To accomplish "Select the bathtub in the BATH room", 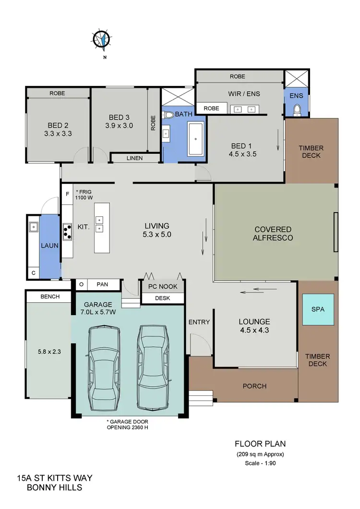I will pyautogui.click(x=196, y=139).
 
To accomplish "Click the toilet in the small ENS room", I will pyautogui.click(x=297, y=110).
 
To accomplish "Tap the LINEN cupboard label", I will pyautogui.click(x=135, y=158).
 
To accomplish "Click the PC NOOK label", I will pyautogui.click(x=163, y=286).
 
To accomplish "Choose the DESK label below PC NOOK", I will pyautogui.click(x=162, y=298).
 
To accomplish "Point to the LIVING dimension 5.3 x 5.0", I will pyautogui.click(x=157, y=235).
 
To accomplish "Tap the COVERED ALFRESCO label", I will pyautogui.click(x=274, y=234).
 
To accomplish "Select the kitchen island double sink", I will pyautogui.click(x=99, y=224).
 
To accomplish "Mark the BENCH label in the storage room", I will pyautogui.click(x=50, y=296).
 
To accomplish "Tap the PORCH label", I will pyautogui.click(x=254, y=386).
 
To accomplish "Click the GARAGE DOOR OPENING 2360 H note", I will pyautogui.click(x=127, y=425).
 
